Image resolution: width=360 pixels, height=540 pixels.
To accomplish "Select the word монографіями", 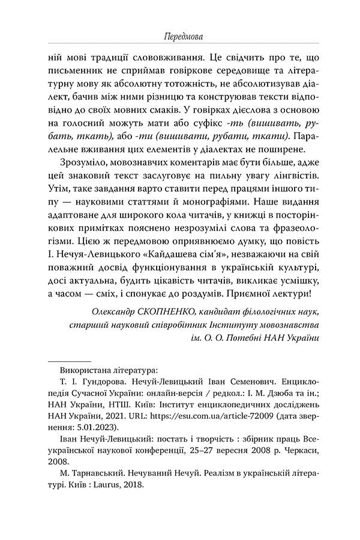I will pyautogui.click(x=247, y=195).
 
